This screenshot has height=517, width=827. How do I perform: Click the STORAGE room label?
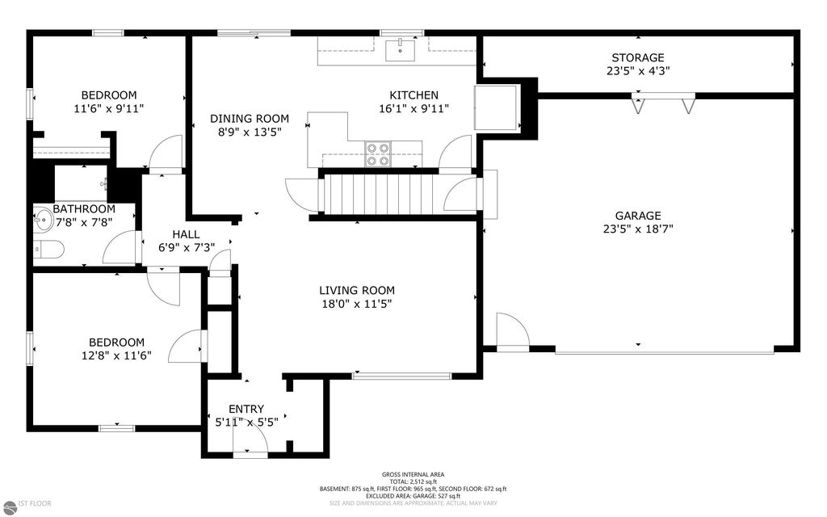click(637, 57)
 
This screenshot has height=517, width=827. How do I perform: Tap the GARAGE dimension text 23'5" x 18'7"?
click(637, 229)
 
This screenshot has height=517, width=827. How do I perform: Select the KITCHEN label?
click(413, 95)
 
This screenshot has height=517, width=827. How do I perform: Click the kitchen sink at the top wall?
click(398, 50)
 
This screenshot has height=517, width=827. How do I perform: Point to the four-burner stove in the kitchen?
click(377, 153)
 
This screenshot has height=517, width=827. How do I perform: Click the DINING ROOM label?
click(250, 119)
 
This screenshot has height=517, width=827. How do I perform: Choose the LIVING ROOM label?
click(356, 291)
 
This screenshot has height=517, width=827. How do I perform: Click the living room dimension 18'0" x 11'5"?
click(356, 305)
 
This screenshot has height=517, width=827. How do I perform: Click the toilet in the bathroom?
click(49, 250)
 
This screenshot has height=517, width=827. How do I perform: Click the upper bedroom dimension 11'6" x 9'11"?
click(109, 107)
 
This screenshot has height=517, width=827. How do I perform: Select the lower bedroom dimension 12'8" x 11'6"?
click(116, 355)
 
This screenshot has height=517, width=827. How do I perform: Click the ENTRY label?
click(246, 409)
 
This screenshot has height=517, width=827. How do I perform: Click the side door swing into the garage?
click(510, 331)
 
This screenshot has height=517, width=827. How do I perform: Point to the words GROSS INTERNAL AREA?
click(413, 474)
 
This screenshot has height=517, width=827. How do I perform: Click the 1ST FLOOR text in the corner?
click(29, 503)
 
